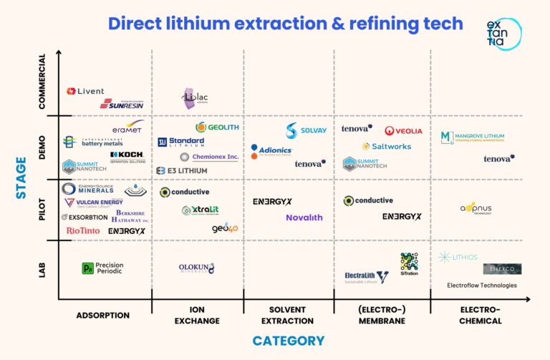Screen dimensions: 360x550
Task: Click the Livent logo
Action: [x=85, y=92]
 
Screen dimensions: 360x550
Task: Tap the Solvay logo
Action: [x=306, y=130]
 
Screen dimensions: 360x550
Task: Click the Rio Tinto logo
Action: [x=83, y=230]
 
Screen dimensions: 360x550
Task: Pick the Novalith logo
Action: [x=304, y=218]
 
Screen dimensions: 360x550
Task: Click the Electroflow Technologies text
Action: [x=481, y=286]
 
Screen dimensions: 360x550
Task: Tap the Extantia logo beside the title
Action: [x=503, y=34]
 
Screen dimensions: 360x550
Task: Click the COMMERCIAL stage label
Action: [x=42, y=81]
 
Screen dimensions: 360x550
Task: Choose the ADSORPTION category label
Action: [x=103, y=315]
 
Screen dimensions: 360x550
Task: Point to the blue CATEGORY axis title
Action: [x=288, y=341]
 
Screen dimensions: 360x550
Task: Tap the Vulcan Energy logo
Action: [x=94, y=203]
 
